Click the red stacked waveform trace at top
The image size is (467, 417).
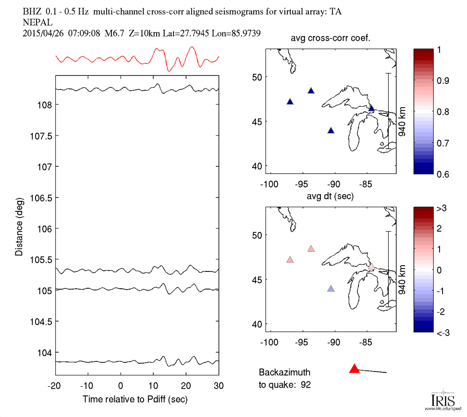137,59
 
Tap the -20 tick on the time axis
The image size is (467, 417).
55,385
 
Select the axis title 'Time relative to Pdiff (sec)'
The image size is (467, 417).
135,399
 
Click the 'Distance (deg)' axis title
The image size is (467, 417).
19,226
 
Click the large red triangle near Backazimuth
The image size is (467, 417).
355,368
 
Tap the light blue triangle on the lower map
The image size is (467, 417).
331,289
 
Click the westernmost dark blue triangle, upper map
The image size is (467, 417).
290,101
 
